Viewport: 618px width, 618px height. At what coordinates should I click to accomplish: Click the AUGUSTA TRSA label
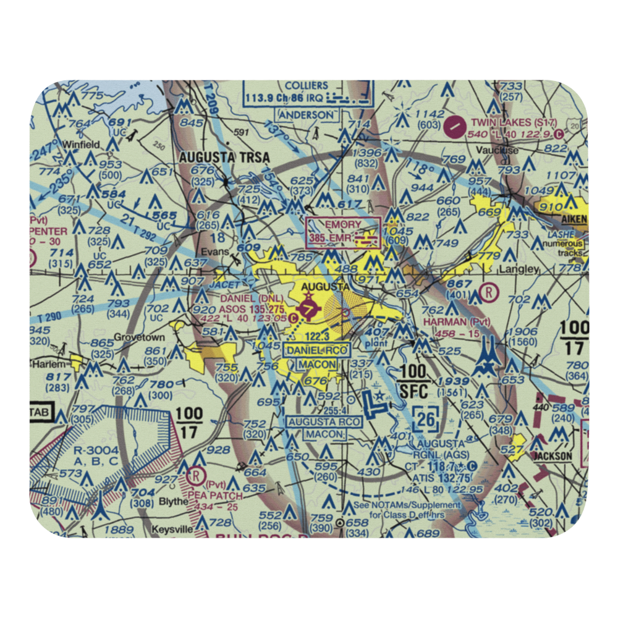coord(224,158)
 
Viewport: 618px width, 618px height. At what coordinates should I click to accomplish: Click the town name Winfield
coord(76,145)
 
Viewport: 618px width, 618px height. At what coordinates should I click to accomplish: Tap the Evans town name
coord(218,252)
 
